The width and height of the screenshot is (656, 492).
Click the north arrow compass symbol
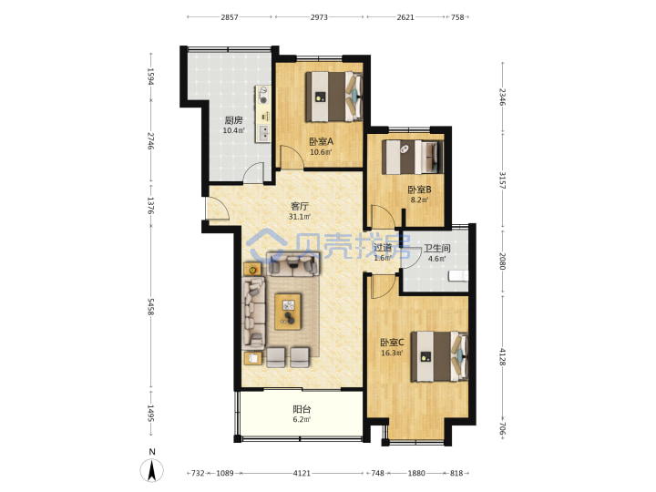tap(152, 469)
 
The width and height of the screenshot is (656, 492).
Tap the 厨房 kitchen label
tap(233, 120)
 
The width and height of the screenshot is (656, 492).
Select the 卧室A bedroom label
tap(322, 141)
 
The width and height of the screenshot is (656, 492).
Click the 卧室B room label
tap(420, 190)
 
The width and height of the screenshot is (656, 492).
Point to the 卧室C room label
tap(392, 343)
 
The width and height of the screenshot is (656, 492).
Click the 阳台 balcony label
tap(302, 409)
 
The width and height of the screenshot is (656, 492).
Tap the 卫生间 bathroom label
tap(437, 249)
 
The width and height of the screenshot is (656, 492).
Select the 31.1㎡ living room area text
tap(300, 217)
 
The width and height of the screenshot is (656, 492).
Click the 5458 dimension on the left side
tap(150, 307)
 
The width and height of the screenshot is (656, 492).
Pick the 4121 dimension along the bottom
tap(302, 473)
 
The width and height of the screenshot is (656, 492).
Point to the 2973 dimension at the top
tap(319, 17)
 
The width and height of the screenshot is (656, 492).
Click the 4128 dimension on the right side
tap(502, 357)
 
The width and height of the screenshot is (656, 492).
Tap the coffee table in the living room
tap(288, 312)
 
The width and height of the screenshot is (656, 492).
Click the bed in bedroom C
tap(439, 356)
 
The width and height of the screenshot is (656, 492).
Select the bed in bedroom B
tap(413, 157)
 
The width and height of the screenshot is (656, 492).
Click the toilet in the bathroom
tap(458, 276)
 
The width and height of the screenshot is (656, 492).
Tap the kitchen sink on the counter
tap(264, 133)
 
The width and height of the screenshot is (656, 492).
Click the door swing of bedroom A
tap(292, 157)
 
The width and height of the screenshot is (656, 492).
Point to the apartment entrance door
tap(217, 208)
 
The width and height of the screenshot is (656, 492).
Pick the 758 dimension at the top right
tap(457, 17)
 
